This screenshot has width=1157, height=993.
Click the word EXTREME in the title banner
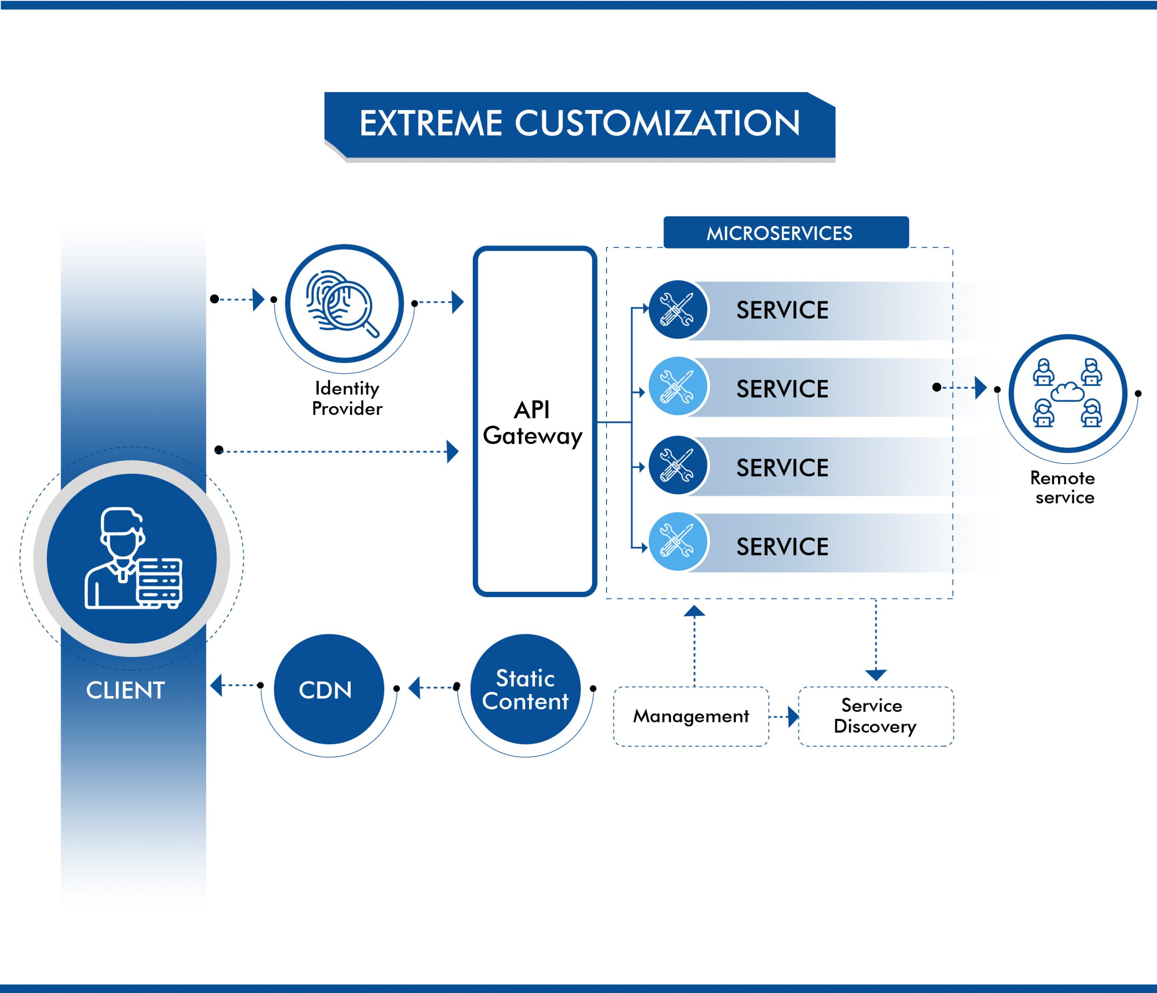click(x=431, y=123)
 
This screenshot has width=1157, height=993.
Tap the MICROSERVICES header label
click(x=779, y=233)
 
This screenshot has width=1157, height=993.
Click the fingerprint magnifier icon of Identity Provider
click(x=343, y=304)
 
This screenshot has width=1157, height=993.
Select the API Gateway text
click(x=533, y=423)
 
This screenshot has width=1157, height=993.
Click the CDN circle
click(x=328, y=689)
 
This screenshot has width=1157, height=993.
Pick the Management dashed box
click(x=691, y=716)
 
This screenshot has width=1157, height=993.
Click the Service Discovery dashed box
click(x=875, y=716)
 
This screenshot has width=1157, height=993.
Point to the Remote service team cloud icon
click(x=1067, y=393)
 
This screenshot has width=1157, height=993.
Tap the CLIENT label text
click(x=126, y=690)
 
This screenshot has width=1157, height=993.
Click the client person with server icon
click(x=132, y=558)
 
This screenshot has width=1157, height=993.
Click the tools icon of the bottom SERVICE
click(x=677, y=541)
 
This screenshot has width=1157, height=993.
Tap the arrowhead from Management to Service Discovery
click(x=793, y=717)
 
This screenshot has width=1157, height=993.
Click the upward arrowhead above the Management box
click(x=694, y=611)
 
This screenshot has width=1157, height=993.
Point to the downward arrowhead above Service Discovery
click(x=875, y=675)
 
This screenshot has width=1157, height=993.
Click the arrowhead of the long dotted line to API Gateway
click(x=453, y=451)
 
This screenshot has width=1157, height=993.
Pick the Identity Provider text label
click(x=347, y=398)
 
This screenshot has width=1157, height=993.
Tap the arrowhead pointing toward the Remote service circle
click(x=981, y=387)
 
